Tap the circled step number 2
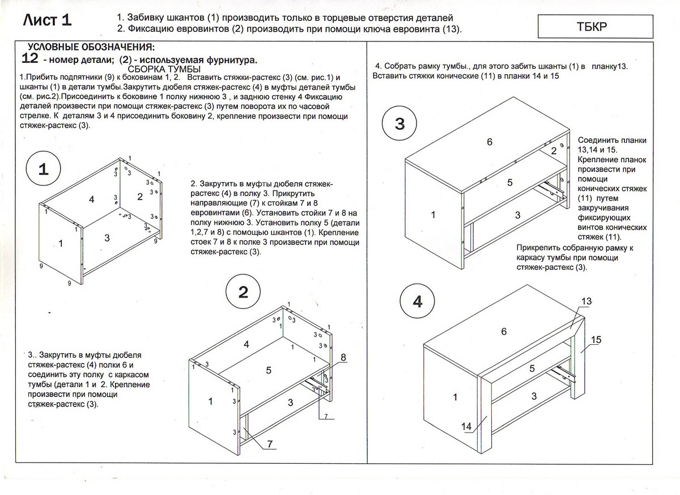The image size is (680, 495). pyautogui.click(x=243, y=292)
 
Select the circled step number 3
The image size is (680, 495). pyautogui.click(x=400, y=124)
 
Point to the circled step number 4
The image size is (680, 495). pyautogui.click(x=417, y=302)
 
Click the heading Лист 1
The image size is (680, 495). pyautogui.click(x=48, y=21)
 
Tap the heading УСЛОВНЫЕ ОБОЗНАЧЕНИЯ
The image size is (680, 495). pyautogui.click(x=91, y=47)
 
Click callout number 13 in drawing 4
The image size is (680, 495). pyautogui.click(x=586, y=302)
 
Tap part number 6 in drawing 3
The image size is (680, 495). pyautogui.click(x=490, y=142)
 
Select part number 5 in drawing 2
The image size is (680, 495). pyautogui.click(x=269, y=370)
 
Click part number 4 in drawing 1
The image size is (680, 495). pyautogui.click(x=91, y=198)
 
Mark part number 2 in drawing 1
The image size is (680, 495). pyautogui.click(x=140, y=197)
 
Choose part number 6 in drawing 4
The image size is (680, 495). pyautogui.click(x=503, y=332)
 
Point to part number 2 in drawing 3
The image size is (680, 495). pyautogui.click(x=554, y=150)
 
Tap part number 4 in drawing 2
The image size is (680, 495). pyautogui.click(x=246, y=344)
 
